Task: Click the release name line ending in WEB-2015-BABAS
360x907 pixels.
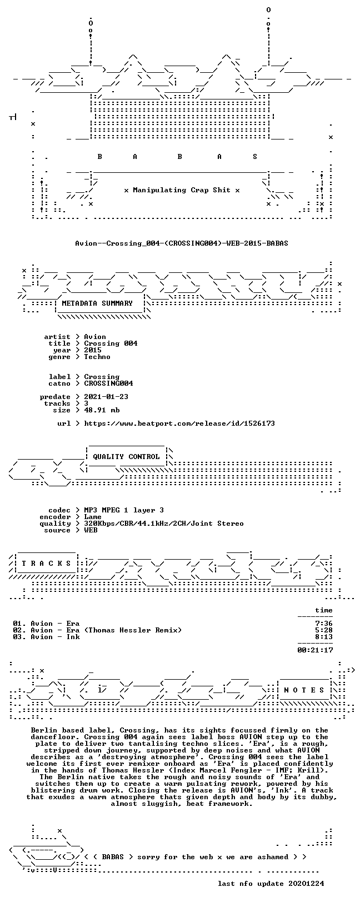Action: click(182, 243)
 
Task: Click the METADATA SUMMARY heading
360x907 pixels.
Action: click(97, 303)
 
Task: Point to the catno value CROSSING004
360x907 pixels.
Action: click(108, 383)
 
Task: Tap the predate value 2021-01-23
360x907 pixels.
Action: click(106, 397)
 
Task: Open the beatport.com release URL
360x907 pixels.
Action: click(179, 423)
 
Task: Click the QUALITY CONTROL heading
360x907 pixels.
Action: click(126, 457)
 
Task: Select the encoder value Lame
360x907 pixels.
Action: click(93, 517)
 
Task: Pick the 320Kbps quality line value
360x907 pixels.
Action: click(164, 524)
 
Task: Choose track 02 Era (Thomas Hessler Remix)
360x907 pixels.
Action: click(97, 630)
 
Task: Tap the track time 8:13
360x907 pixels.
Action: click(323, 637)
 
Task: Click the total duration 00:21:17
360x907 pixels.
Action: click(315, 650)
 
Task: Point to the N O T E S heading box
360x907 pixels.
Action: click(304, 690)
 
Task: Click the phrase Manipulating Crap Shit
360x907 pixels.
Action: click(182, 190)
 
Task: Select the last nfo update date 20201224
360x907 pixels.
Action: click(306, 884)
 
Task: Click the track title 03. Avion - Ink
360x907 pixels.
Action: click(46, 637)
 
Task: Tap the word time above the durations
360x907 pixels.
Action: click(324, 610)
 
